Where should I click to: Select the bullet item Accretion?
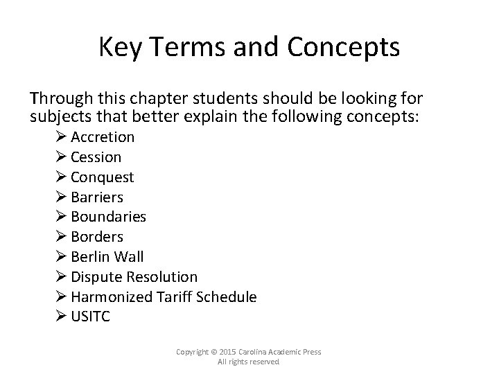tap(102, 137)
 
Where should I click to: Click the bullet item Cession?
tap(96, 157)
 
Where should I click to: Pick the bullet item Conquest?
tap(102, 177)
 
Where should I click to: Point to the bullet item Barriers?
tap(96, 197)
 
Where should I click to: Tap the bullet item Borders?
tap(96, 237)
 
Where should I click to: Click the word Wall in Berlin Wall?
tap(128, 257)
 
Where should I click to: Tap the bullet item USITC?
tap(90, 317)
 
